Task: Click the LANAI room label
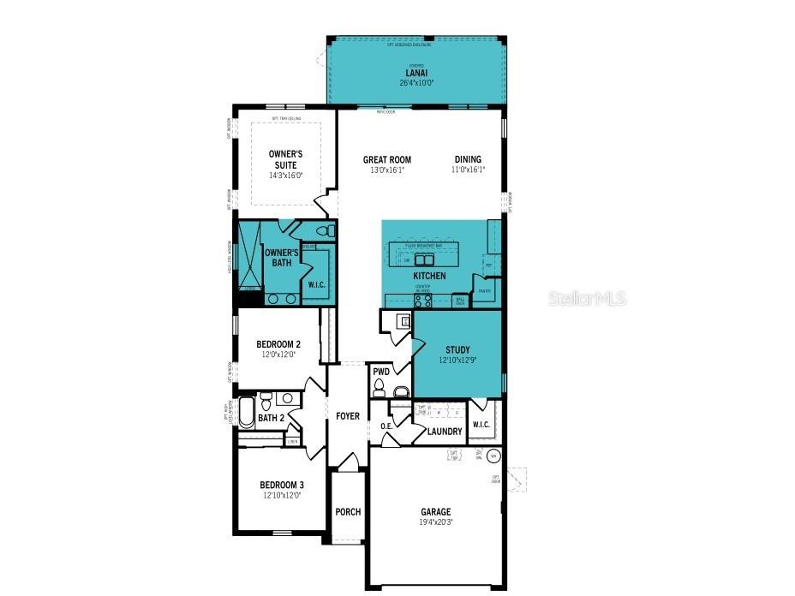click(416, 74)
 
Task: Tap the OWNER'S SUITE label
click(285, 158)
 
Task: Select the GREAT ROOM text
click(386, 159)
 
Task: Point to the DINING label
click(468, 159)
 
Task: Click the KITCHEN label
click(429, 277)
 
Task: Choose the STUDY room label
click(457, 349)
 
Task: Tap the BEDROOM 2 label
click(278, 344)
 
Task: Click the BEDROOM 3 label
click(282, 485)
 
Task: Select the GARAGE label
click(435, 512)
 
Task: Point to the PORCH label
click(348, 512)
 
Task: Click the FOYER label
click(347, 416)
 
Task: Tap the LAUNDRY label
click(445, 432)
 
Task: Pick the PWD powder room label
click(381, 372)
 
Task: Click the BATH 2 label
click(271, 418)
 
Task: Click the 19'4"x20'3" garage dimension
click(435, 522)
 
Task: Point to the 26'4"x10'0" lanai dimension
click(416, 83)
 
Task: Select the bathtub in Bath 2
click(246, 412)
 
